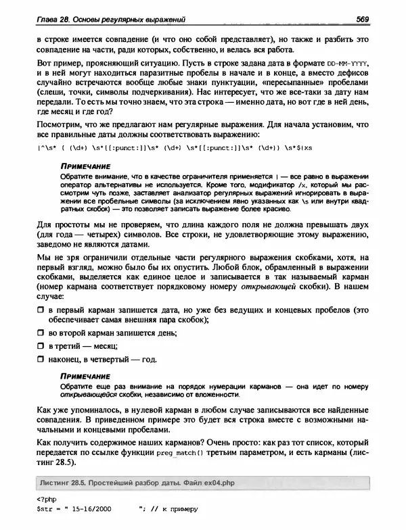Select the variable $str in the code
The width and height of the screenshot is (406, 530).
click(43, 510)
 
